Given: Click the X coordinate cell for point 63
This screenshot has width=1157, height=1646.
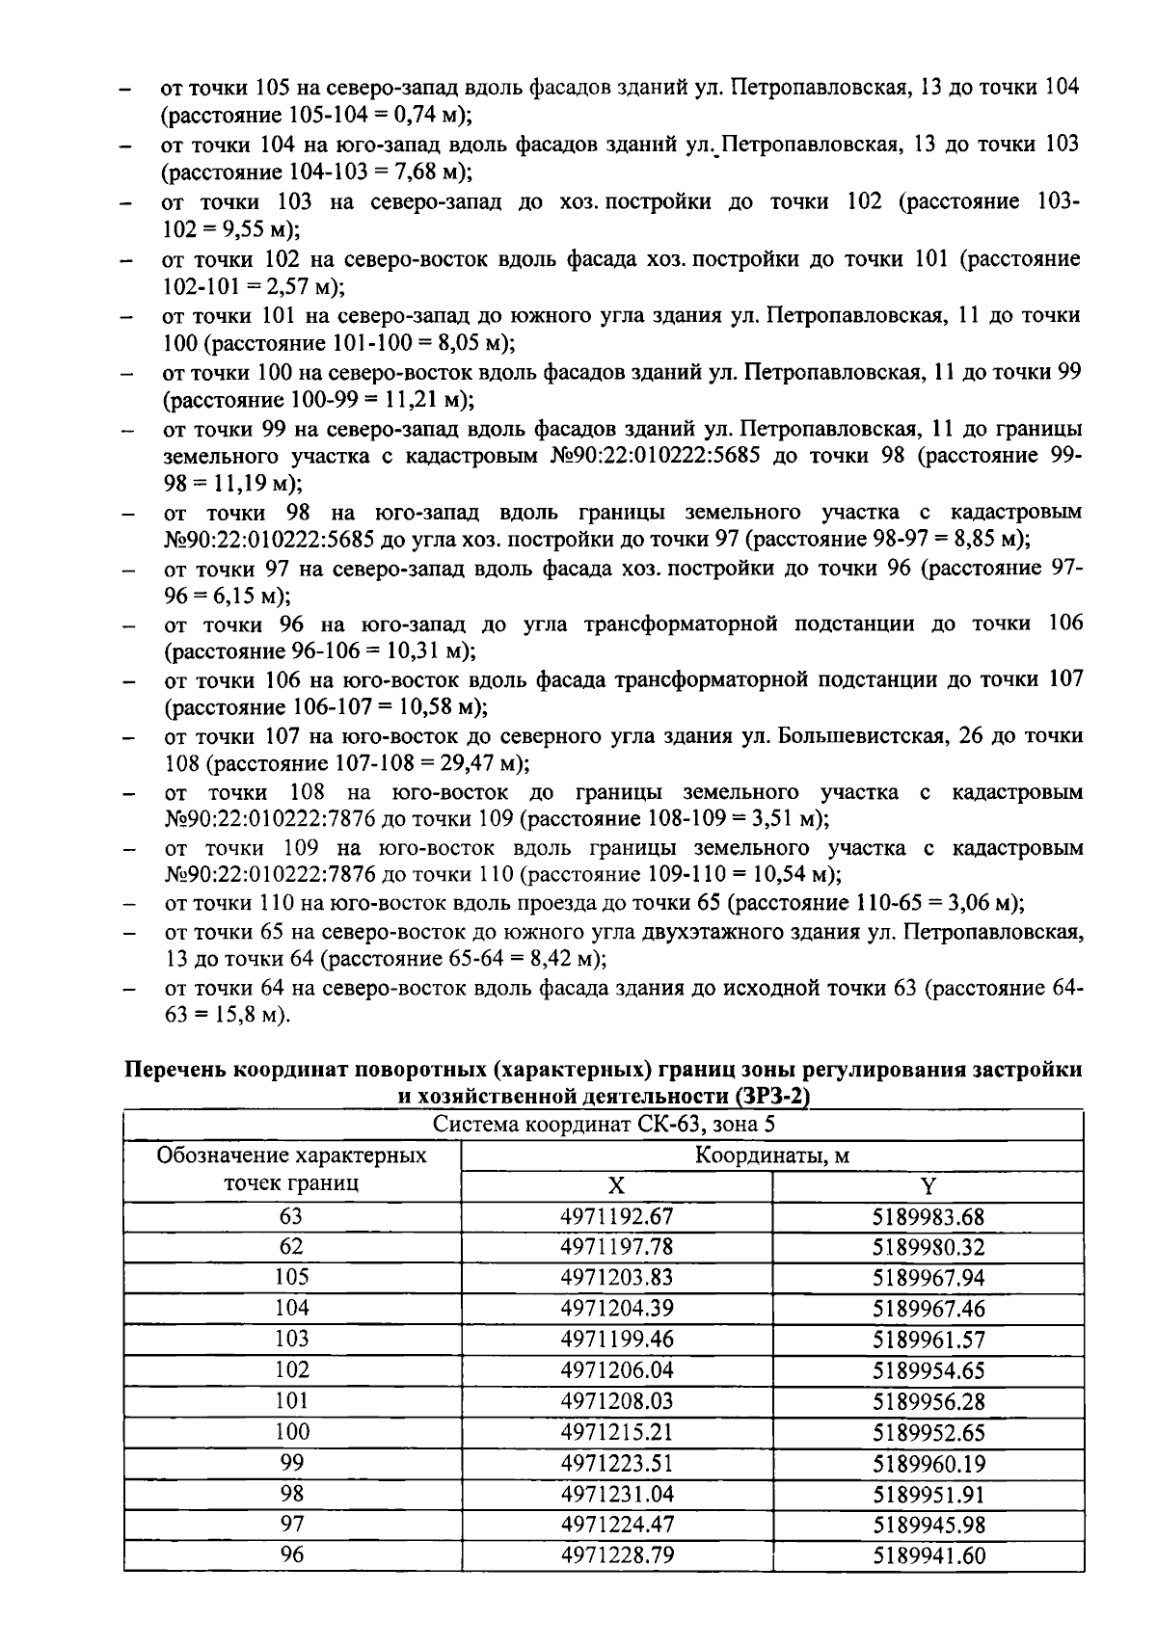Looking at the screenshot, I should click(x=616, y=1216).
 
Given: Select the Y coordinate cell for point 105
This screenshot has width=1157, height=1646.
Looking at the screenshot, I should click(x=928, y=1278).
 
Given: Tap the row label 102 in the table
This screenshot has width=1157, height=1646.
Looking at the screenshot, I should click(x=291, y=1370).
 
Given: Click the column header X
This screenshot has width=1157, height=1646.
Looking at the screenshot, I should click(x=616, y=1186).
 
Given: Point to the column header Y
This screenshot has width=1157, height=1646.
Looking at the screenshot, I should click(x=928, y=1186).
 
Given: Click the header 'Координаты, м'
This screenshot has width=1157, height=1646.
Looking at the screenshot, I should click(x=772, y=1155).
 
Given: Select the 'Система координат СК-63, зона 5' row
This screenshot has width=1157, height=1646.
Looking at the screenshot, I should click(x=604, y=1125).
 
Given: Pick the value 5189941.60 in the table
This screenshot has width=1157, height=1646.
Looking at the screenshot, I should click(x=928, y=1555).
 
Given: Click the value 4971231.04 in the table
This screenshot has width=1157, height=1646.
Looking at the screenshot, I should click(x=616, y=1494).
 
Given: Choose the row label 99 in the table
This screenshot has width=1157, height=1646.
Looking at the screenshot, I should click(x=291, y=1463).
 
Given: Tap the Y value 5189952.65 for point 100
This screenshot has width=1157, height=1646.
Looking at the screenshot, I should click(x=928, y=1432).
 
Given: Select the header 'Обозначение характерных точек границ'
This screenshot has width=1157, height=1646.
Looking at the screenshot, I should click(x=291, y=1170).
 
